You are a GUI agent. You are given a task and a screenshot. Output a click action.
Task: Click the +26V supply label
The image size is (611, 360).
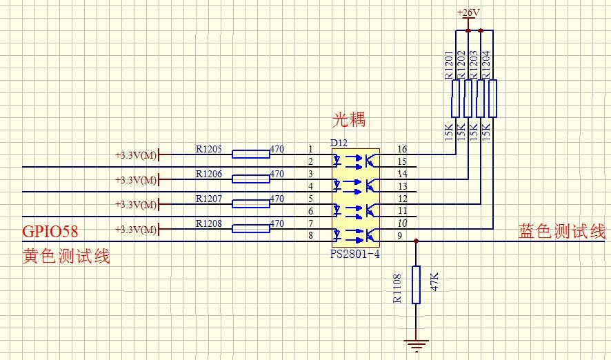pyautogui.click(x=468, y=12)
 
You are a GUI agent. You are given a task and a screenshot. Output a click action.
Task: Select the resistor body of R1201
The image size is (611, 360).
pyautogui.click(x=455, y=99)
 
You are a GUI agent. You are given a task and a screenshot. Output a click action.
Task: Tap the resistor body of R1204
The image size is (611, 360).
pyautogui.click(x=492, y=99)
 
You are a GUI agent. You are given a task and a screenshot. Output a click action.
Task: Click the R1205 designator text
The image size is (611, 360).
pyautogui.click(x=209, y=148)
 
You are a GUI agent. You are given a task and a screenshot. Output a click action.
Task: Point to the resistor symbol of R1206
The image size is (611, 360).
pyautogui.click(x=250, y=179)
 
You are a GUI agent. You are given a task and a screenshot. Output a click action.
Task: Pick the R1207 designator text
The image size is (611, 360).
pyautogui.click(x=209, y=199)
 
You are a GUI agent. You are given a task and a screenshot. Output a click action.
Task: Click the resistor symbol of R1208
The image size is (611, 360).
pyautogui.click(x=250, y=228)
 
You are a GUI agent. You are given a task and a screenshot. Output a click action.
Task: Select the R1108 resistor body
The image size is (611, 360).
pyautogui.click(x=416, y=285)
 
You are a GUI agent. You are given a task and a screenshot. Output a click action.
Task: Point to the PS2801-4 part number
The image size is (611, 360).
pyautogui.click(x=355, y=254)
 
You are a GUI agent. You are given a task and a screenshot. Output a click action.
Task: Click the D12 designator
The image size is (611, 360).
pyautogui.click(x=339, y=143)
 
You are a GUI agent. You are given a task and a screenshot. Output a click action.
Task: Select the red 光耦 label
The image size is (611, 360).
pyautogui.click(x=349, y=120)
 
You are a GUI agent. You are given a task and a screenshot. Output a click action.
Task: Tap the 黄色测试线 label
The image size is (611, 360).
pyautogui.click(x=66, y=257)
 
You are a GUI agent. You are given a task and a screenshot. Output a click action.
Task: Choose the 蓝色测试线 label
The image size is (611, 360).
pyautogui.click(x=561, y=232)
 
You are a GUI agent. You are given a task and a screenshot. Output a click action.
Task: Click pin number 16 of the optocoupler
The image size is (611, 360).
pyautogui.click(x=403, y=149)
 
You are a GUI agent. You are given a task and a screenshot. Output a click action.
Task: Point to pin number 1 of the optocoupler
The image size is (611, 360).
pyautogui.click(x=311, y=149)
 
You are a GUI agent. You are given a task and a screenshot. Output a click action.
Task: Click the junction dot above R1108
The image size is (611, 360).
pyautogui.click(x=416, y=241)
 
